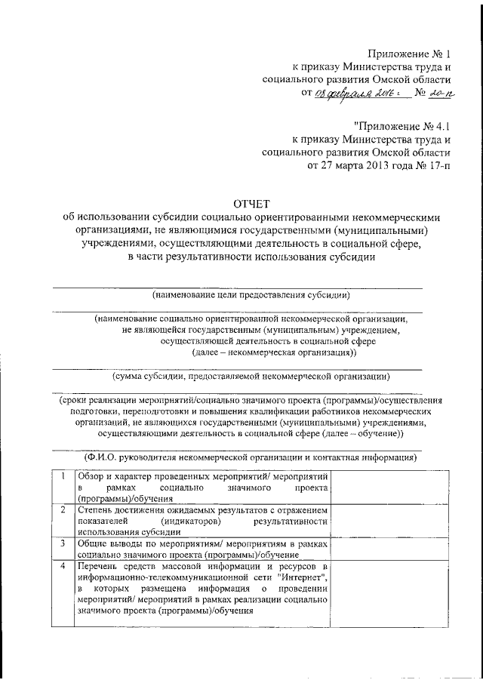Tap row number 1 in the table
(63, 478)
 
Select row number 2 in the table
(63, 510)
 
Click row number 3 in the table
(63, 543)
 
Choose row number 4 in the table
(63, 565)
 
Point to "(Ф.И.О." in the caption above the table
(102, 457)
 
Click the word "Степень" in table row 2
(94, 510)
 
